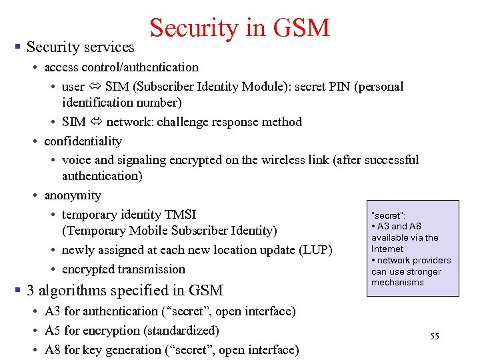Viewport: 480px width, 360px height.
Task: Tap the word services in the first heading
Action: click(x=108, y=47)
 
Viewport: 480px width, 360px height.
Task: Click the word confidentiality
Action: click(x=83, y=141)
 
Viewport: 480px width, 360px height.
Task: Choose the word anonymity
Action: click(x=73, y=195)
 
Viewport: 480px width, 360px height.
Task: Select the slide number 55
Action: click(x=435, y=337)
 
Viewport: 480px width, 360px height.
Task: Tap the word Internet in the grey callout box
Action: click(x=387, y=249)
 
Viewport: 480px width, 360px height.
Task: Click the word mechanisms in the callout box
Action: click(x=397, y=282)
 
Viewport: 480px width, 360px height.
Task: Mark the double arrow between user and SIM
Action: click(x=95, y=87)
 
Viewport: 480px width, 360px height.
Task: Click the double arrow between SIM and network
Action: click(x=96, y=122)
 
